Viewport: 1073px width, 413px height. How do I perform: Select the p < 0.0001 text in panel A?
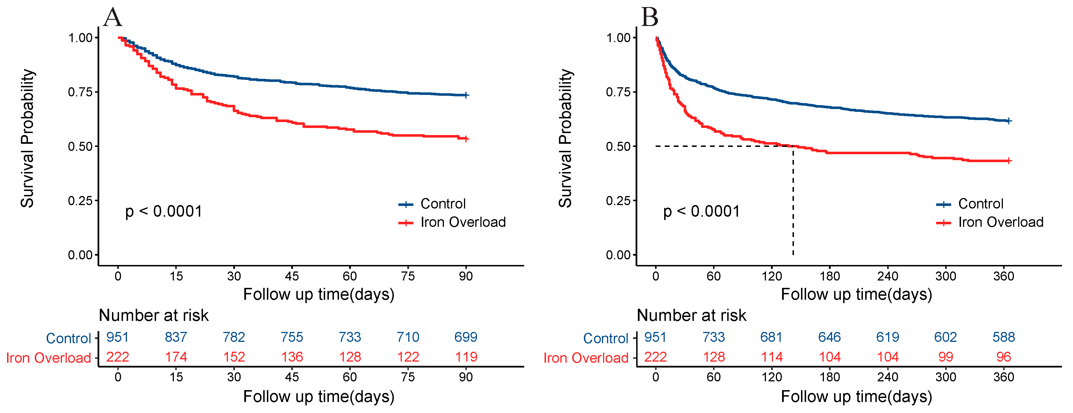(164, 212)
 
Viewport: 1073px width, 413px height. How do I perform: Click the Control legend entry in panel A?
(432, 204)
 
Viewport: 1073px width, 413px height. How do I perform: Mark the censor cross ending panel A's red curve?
(466, 139)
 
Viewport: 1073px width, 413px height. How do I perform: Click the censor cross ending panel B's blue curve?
(1009, 121)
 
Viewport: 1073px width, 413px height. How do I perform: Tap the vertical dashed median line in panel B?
(793, 201)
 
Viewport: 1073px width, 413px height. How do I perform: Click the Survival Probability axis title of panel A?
(27, 138)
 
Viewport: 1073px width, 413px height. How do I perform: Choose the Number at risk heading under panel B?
(692, 316)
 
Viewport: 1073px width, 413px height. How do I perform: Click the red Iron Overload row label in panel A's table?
(48, 358)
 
